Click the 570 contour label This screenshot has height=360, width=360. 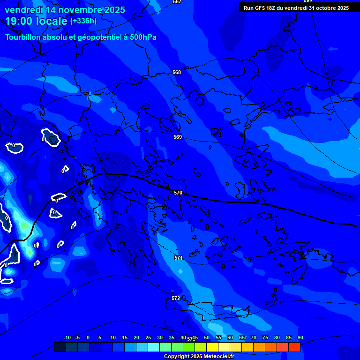tap(178, 193)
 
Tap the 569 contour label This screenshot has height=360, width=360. tap(178, 137)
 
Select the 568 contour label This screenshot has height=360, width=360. tap(177, 72)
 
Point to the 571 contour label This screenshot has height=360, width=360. tap(179, 258)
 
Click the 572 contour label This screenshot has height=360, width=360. tap(176, 298)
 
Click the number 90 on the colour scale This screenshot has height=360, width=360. tap(300, 337)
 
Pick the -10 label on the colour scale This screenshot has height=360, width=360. tap(67, 337)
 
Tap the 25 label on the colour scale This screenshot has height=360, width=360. tap(148, 337)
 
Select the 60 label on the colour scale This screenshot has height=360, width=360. tap(230, 337)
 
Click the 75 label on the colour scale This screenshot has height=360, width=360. tap(265, 337)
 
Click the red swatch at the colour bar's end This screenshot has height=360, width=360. tap(294, 347)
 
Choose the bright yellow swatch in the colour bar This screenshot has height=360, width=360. tap(212, 347)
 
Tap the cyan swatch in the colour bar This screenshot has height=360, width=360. tap(154, 347)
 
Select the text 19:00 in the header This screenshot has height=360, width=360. tap(22, 21)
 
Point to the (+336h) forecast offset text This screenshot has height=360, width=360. tap(83, 21)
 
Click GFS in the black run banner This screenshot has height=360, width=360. tap(261, 8)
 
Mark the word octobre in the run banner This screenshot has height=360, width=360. tap(322, 8)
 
